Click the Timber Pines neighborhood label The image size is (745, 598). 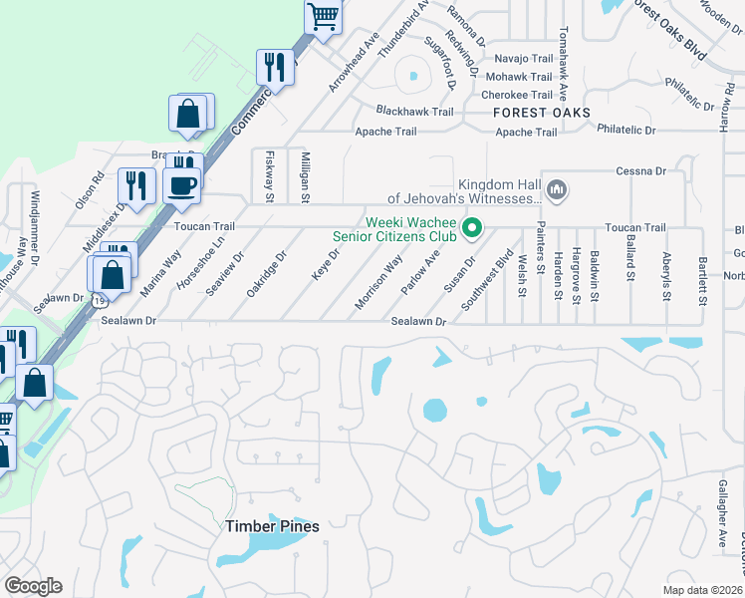(x=272, y=526)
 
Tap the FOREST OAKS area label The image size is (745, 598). (x=542, y=113)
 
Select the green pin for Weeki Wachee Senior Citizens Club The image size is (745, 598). (x=474, y=230)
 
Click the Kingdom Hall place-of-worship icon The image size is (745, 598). (x=557, y=188)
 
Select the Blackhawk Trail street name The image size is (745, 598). (x=414, y=112)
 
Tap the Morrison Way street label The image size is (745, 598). (x=379, y=282)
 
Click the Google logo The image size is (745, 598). (x=33, y=586)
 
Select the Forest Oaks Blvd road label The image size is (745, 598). (x=668, y=30)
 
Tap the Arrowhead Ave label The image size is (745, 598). (x=356, y=64)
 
